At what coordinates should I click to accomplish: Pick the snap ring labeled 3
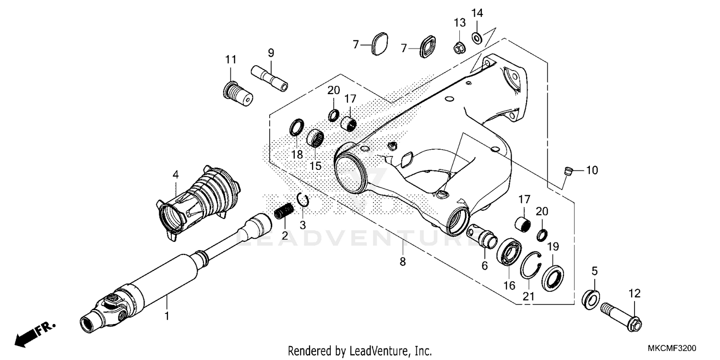point(302,199)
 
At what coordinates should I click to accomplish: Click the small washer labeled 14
point(478,37)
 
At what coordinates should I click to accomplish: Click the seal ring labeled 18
point(297,128)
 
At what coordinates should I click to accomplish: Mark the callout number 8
point(402,262)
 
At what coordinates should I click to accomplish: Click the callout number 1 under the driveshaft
point(167,316)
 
